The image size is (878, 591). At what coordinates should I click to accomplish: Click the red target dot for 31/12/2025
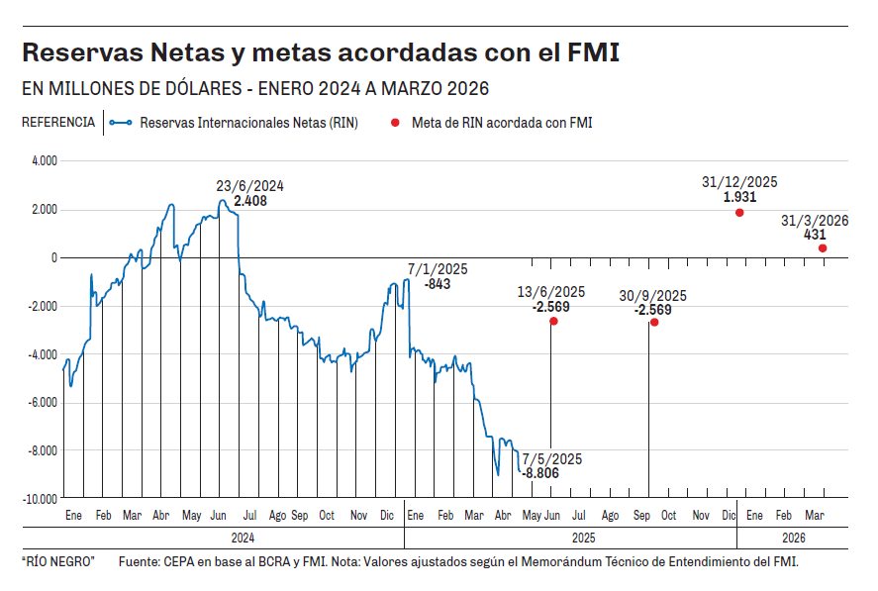point(739,213)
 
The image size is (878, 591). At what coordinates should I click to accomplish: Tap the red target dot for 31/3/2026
point(823,248)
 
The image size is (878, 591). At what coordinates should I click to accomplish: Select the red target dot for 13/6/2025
point(553,321)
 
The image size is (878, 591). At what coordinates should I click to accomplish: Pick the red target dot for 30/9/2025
point(654,322)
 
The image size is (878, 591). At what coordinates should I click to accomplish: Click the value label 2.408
point(250,200)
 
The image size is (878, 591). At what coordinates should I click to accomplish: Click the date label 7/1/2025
point(438,269)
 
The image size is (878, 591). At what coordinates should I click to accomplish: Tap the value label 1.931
point(739,197)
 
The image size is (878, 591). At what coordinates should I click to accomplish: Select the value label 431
point(815,235)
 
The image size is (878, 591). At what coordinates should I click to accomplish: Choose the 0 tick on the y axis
point(54,257)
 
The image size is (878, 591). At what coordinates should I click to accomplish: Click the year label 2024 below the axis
point(244,538)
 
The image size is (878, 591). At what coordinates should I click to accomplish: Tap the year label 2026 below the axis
point(793,538)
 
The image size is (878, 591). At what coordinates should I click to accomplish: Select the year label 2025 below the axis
point(581,538)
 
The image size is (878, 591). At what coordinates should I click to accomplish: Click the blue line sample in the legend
point(121,123)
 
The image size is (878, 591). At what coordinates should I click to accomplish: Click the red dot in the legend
point(395,123)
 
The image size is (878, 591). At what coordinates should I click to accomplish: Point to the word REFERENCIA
point(58,123)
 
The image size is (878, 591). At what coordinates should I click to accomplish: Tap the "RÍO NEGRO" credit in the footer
point(57,562)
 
